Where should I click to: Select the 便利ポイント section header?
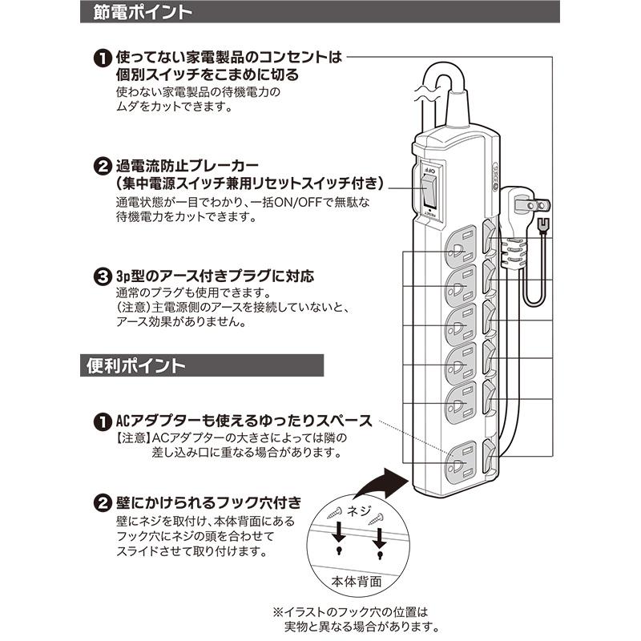(x=136, y=365)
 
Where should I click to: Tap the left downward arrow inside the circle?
(x=339, y=533)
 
